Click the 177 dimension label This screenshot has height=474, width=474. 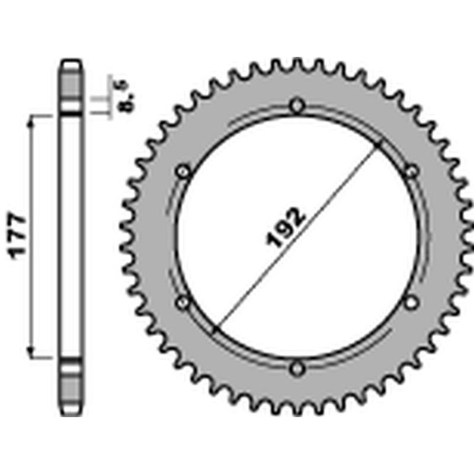(18, 235)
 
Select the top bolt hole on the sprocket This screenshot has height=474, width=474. (297, 106)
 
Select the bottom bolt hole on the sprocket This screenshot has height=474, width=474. (297, 369)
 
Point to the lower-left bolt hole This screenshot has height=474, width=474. (183, 303)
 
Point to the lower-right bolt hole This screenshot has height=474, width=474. (411, 303)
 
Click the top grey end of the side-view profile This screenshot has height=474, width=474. (71, 83)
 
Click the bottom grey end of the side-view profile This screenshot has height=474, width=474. (71, 388)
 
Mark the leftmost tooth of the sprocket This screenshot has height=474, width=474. (124, 237)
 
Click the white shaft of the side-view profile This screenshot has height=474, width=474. (71, 237)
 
